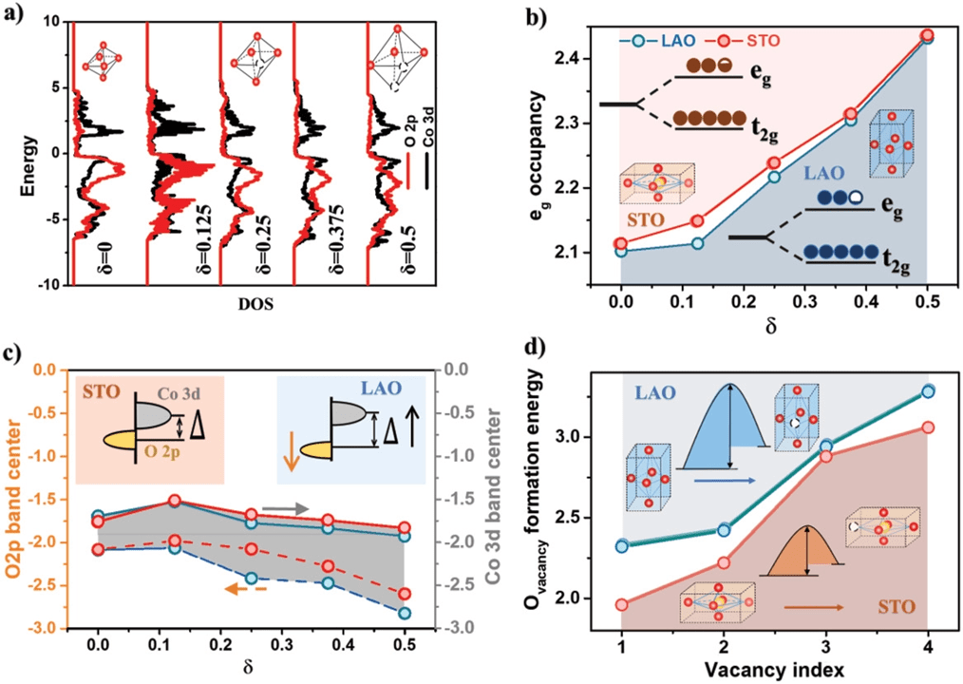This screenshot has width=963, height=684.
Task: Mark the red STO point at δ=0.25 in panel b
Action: click(x=774, y=163)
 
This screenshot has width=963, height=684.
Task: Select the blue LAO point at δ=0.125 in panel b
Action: click(x=697, y=243)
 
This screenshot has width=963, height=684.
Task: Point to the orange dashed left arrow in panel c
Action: click(x=250, y=589)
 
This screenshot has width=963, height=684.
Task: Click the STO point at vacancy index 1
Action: click(x=621, y=604)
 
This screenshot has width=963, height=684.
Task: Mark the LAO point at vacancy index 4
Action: click(x=928, y=390)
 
